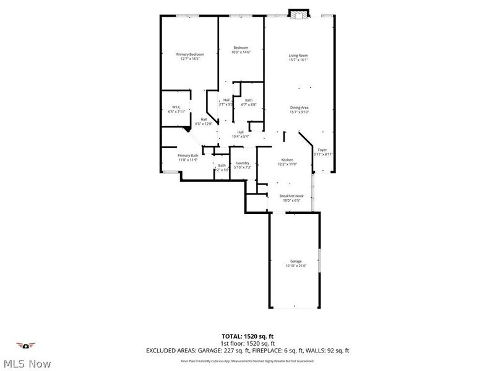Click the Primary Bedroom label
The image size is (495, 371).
(x=190, y=54)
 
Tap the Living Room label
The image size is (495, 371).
(x=298, y=56)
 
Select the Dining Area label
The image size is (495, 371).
(x=299, y=108)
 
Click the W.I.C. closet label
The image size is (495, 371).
(x=176, y=108)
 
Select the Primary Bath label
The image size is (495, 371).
(x=188, y=155)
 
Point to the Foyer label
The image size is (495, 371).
(x=322, y=150)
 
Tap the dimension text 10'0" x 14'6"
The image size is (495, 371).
(x=241, y=53)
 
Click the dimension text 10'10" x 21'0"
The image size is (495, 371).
(x=295, y=265)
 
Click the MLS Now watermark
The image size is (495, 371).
(x=26, y=364)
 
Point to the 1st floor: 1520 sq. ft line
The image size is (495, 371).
(x=247, y=344)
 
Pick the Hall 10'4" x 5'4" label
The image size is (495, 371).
(x=240, y=134)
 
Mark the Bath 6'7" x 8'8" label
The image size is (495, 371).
(x=249, y=103)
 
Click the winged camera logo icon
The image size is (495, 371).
(x=26, y=346)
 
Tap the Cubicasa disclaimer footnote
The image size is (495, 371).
(x=247, y=360)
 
